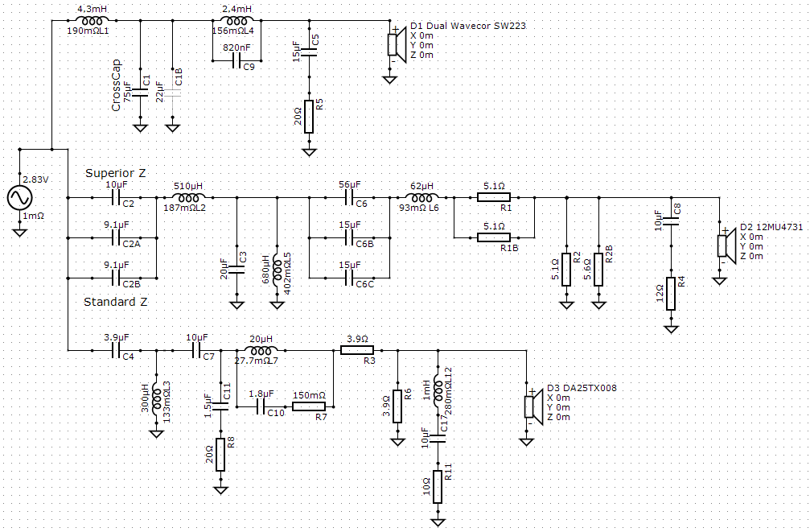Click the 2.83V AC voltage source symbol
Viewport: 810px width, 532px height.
[20, 197]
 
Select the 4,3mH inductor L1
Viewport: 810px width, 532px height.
[92, 21]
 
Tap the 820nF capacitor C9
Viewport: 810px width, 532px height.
[236, 61]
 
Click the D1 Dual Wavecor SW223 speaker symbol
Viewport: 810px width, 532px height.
[397, 44]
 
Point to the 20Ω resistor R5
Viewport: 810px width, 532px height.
[309, 117]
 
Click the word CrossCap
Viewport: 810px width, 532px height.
[116, 85]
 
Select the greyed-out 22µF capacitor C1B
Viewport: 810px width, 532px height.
[173, 93]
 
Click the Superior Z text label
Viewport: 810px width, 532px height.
[116, 173]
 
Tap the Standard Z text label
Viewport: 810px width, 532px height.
[115, 302]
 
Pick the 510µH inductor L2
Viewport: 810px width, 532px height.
[188, 197]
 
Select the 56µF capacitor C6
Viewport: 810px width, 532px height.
[349, 197]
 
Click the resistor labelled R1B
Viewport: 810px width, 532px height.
[494, 237]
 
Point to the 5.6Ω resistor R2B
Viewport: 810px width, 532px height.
[598, 270]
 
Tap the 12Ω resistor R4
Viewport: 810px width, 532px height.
[671, 294]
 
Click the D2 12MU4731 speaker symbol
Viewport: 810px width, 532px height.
[726, 245]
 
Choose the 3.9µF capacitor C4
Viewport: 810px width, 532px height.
[117, 351]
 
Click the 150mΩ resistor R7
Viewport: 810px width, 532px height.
[309, 406]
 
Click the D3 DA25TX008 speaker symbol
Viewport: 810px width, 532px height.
[533, 406]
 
